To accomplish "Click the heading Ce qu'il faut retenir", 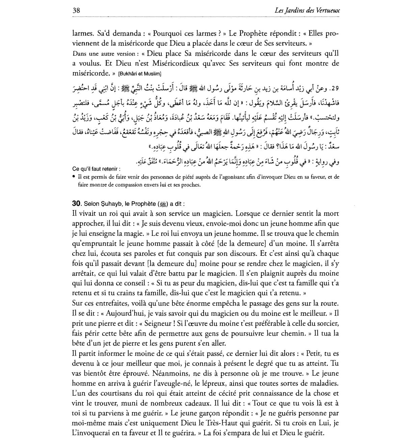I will point(96,169).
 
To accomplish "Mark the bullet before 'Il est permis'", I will point(74,177).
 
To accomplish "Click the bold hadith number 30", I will point(76,204).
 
